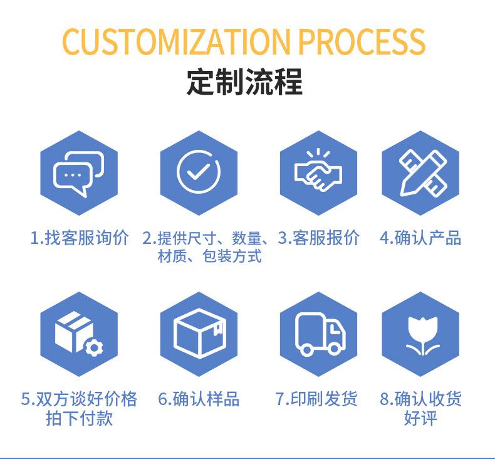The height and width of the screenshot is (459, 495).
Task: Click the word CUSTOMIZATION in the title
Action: (x=176, y=41)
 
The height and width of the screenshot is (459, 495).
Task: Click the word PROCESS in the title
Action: (x=362, y=41)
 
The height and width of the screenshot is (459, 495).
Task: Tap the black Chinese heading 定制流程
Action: (x=244, y=82)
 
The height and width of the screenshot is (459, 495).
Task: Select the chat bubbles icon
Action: (x=78, y=174)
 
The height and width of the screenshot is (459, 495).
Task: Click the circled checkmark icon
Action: (x=199, y=172)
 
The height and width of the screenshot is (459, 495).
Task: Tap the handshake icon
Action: (x=318, y=170)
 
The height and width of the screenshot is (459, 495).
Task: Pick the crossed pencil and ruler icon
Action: (x=422, y=173)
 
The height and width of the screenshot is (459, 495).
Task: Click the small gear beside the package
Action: (x=94, y=347)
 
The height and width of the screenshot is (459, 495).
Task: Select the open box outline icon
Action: (x=199, y=333)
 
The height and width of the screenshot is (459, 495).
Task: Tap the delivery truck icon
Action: (x=320, y=334)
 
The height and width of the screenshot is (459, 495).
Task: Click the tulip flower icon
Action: (x=422, y=336)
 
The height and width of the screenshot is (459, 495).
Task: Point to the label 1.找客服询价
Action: (x=80, y=238)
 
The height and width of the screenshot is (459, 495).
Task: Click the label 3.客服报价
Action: (x=318, y=238)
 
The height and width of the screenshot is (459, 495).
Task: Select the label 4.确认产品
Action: (x=420, y=238)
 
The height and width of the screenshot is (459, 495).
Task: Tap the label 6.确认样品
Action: (x=199, y=399)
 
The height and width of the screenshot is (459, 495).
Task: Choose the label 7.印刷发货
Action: (x=316, y=399)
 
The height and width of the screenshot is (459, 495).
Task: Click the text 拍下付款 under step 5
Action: (x=79, y=418)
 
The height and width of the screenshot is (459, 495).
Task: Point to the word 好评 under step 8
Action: (x=421, y=418)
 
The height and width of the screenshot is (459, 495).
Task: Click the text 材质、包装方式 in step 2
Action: (x=210, y=256)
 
